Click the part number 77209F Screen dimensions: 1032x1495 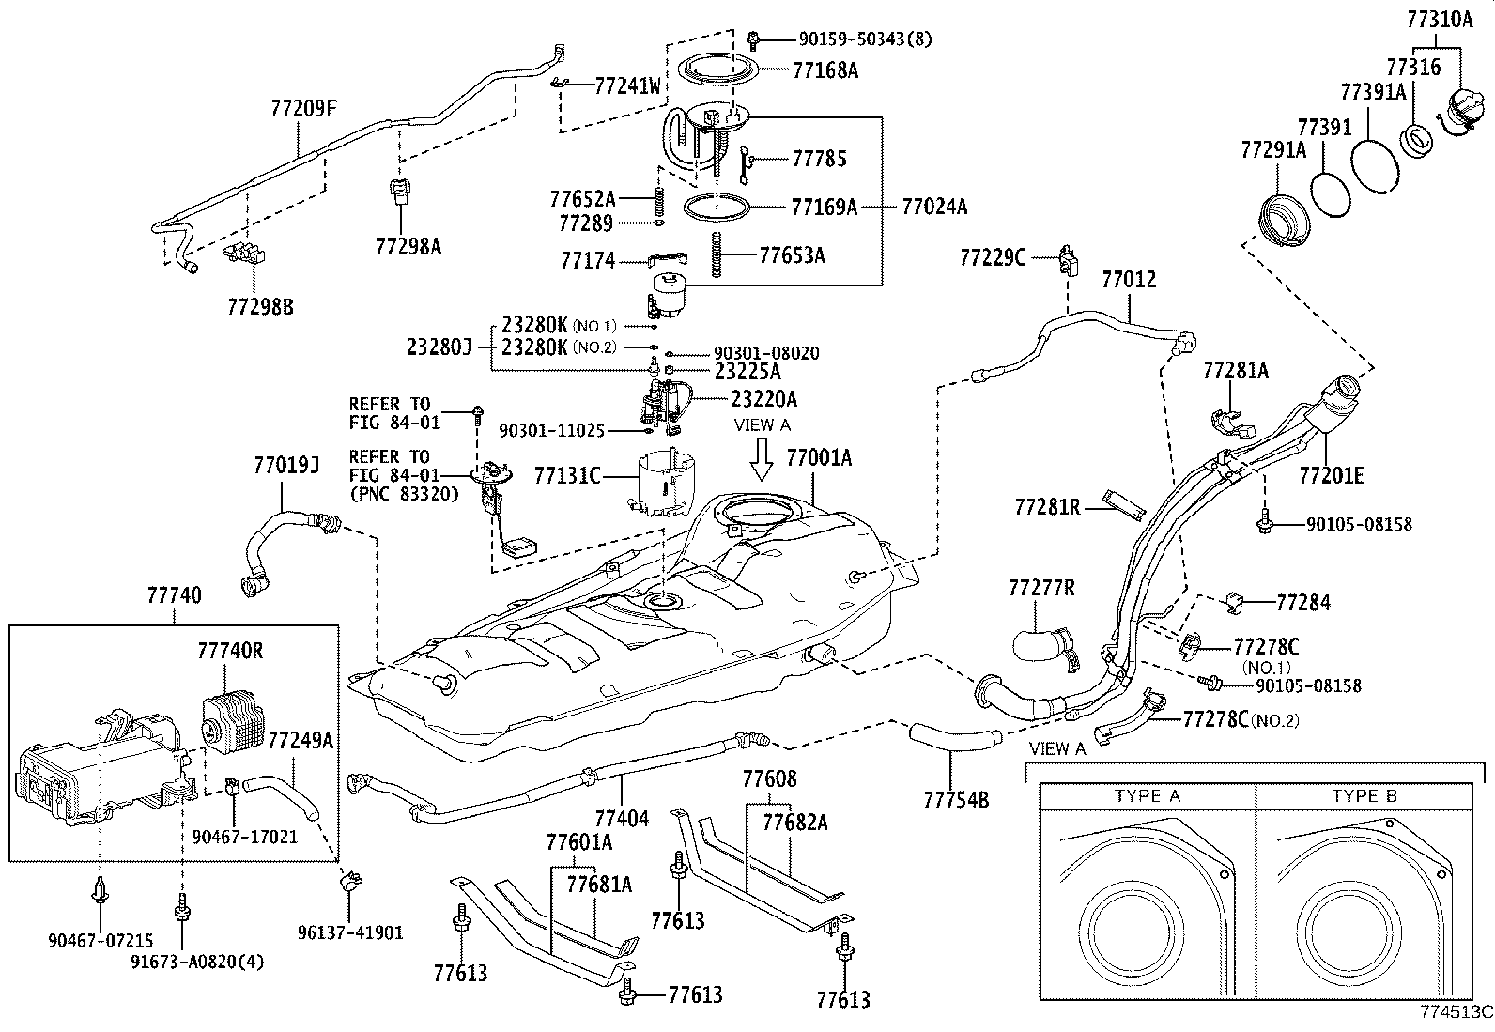(x=302, y=108)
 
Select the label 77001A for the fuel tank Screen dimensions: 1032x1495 (x=819, y=457)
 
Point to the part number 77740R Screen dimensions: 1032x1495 (x=231, y=650)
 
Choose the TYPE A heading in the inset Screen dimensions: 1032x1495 (x=1147, y=796)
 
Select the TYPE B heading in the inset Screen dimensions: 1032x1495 (x=1364, y=796)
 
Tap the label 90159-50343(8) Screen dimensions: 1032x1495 (x=865, y=39)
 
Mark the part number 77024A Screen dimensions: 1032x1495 (x=934, y=207)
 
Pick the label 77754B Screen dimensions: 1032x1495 (x=956, y=799)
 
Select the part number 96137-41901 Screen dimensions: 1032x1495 (x=350, y=932)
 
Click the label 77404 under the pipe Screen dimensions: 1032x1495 (x=622, y=818)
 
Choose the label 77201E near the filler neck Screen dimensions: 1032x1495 (x=1332, y=476)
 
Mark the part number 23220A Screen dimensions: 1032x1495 (x=764, y=399)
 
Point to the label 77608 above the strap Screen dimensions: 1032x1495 (x=769, y=778)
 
